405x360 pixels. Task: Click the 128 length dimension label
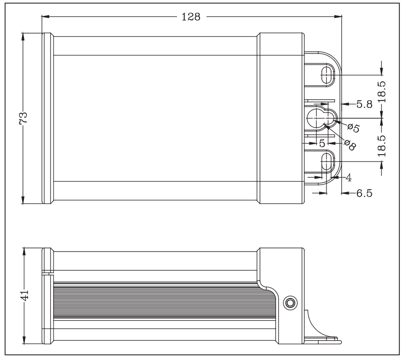(x=191, y=17)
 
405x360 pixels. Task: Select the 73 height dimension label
(x=23, y=118)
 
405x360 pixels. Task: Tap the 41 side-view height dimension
(x=24, y=295)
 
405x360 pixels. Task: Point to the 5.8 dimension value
(x=364, y=104)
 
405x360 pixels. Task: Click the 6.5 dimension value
(x=364, y=193)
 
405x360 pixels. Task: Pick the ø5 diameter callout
(x=354, y=127)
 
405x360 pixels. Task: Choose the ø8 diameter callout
(x=350, y=145)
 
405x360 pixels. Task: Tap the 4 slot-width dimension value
(x=349, y=178)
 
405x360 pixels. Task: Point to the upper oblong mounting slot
(x=327, y=75)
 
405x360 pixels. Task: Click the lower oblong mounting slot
(x=327, y=162)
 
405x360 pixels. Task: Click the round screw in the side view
(x=290, y=302)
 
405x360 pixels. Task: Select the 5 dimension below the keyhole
(x=322, y=143)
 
